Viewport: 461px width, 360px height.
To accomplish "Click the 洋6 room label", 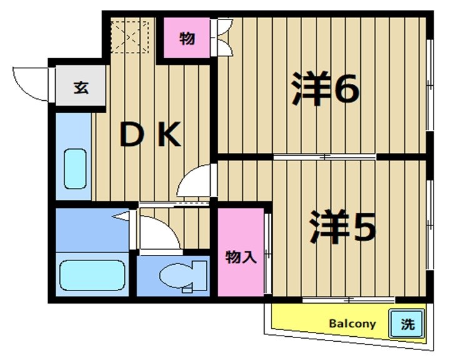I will [x=325, y=91].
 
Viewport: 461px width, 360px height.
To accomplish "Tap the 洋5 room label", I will [x=342, y=229].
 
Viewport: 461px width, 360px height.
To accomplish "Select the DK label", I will [x=149, y=134].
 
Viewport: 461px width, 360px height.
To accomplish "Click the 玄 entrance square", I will [x=81, y=87].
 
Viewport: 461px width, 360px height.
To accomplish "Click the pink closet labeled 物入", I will [x=241, y=256].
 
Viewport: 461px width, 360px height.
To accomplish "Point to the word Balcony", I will [x=352, y=324].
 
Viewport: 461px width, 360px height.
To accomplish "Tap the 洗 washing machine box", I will [x=407, y=324].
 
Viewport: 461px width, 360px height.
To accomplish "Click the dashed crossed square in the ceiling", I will [x=131, y=35].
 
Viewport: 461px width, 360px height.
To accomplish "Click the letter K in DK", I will [x=168, y=134].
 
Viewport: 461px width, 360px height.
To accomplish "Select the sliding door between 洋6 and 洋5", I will [x=325, y=157].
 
